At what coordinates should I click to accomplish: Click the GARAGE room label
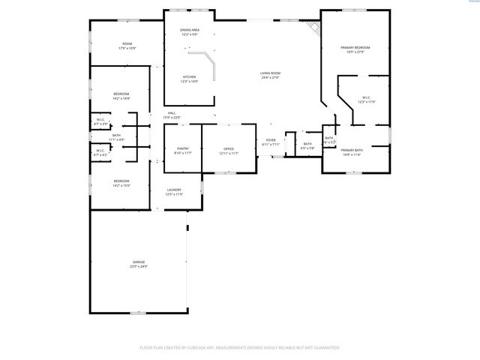pyautogui.click(x=139, y=262)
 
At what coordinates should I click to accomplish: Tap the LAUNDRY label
pyautogui.click(x=174, y=190)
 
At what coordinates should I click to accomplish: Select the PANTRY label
pyautogui.click(x=183, y=148)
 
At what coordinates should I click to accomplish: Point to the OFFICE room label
pyautogui.click(x=229, y=148)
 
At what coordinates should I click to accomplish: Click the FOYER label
pyautogui.click(x=271, y=140)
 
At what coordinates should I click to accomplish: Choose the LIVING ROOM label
pyautogui.click(x=269, y=73)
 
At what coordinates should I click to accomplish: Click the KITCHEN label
pyautogui.click(x=189, y=76)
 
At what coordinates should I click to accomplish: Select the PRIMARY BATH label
pyautogui.click(x=352, y=151)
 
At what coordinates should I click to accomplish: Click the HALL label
pyautogui.click(x=172, y=113)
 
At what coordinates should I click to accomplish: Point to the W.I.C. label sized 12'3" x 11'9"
pyautogui.click(x=365, y=97)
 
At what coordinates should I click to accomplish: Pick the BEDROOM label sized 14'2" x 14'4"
pyautogui.click(x=121, y=94)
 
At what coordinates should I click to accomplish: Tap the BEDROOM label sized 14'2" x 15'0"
pyautogui.click(x=121, y=181)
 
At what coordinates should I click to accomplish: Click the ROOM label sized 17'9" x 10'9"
pyautogui.click(x=127, y=44)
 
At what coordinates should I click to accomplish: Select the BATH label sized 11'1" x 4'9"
pyautogui.click(x=116, y=136)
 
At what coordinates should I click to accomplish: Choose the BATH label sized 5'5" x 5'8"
pyautogui.click(x=307, y=143)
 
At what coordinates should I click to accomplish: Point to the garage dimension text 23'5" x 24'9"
pyautogui.click(x=139, y=266)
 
